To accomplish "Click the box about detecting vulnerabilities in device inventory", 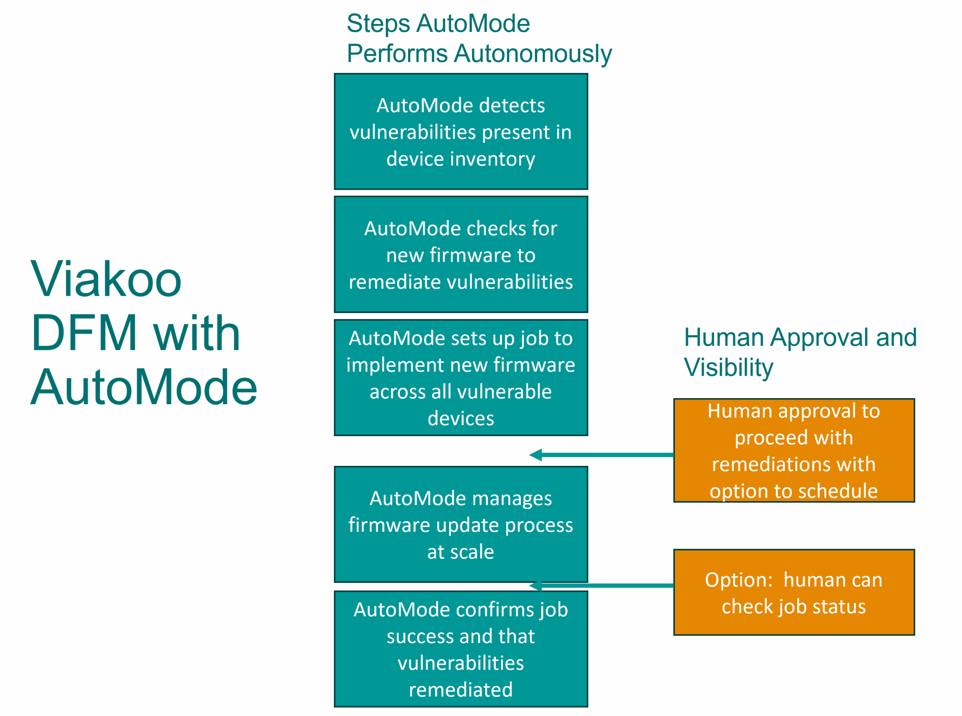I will (461, 132).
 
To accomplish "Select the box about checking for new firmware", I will (461, 255).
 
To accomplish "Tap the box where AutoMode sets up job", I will (461, 377).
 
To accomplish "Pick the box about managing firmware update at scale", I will (461, 524).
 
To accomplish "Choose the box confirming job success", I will (461, 649).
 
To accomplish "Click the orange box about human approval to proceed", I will (793, 450).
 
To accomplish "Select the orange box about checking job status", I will (793, 592).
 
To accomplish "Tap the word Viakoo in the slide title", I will (106, 280).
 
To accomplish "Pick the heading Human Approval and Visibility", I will (800, 352).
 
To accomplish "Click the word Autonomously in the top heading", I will (532, 54).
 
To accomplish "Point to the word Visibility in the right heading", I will (728, 368).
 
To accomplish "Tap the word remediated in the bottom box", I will (461, 690).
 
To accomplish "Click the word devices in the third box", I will (461, 418).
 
